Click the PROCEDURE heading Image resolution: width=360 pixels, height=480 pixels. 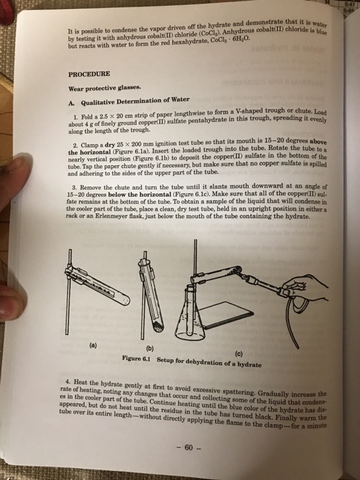(89, 74)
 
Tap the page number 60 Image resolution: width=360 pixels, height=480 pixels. (189, 448)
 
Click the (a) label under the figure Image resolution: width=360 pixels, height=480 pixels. (93, 346)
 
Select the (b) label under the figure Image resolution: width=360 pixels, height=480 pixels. (149, 348)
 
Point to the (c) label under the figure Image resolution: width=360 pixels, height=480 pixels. (239, 355)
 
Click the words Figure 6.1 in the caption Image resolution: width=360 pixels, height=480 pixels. (136, 358)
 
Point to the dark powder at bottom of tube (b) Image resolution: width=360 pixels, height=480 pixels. (158, 327)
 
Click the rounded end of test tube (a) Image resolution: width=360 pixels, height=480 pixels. (126, 300)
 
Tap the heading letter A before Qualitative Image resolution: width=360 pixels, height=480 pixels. (71, 103)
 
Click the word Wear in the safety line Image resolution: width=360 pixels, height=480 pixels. (76, 88)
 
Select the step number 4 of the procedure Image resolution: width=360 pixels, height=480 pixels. (67, 382)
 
